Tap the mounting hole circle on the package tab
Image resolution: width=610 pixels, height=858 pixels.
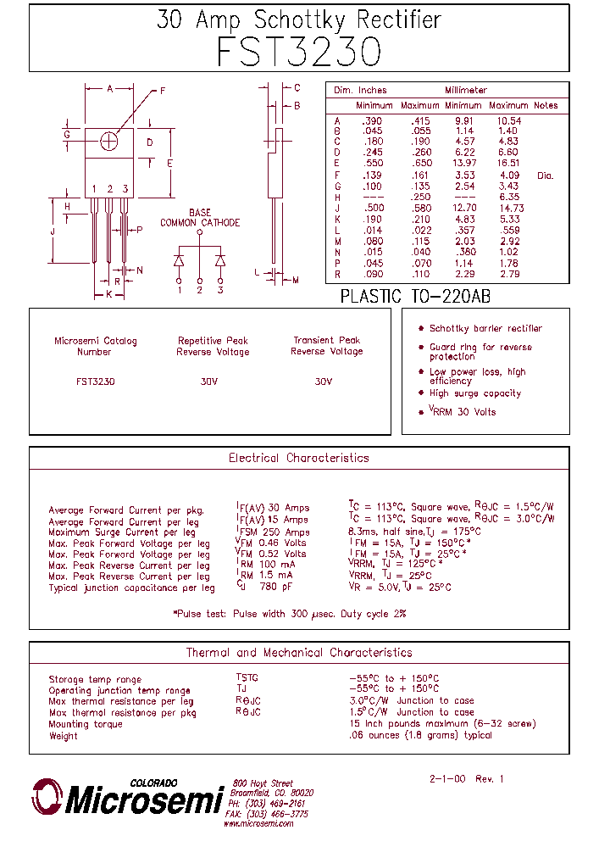pyautogui.click(x=109, y=142)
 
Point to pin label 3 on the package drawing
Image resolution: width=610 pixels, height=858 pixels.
pyautogui.click(x=125, y=188)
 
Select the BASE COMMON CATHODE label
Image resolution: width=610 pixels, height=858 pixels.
pyautogui.click(x=200, y=218)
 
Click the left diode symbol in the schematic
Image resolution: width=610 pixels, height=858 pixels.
pyautogui.click(x=180, y=259)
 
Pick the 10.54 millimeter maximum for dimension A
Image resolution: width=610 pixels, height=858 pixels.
pyautogui.click(x=509, y=121)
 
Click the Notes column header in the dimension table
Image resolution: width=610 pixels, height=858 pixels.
pyautogui.click(x=546, y=106)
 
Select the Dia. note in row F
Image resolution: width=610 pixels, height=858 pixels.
pyautogui.click(x=545, y=175)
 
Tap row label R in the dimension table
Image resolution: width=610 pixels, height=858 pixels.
pyautogui.click(x=337, y=274)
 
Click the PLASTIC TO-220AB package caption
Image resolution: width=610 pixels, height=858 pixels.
pyautogui.click(x=415, y=296)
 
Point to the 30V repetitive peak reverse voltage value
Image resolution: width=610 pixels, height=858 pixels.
pyautogui.click(x=209, y=382)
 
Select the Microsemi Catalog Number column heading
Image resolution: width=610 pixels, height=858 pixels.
pyautogui.click(x=95, y=346)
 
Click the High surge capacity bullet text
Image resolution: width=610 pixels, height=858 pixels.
pyautogui.click(x=474, y=393)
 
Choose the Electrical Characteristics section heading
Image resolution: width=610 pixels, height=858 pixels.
pyautogui.click(x=299, y=458)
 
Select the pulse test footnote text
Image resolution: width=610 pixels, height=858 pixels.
pyautogui.click(x=290, y=613)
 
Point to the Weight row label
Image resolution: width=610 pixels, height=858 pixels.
pyautogui.click(x=63, y=736)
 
